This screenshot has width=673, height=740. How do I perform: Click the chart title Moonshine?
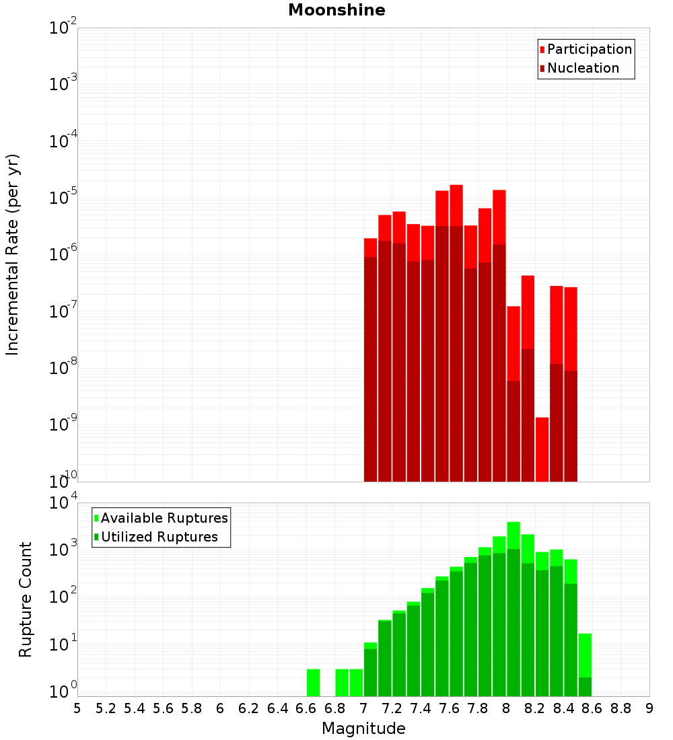point(336,10)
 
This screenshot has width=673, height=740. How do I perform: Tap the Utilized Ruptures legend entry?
point(159,537)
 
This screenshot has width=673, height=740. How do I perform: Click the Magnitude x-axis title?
point(363,729)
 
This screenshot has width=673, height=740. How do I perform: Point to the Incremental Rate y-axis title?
point(13,254)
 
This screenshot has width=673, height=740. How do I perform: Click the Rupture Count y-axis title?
point(26,599)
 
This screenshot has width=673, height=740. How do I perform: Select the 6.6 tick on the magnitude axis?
point(306,708)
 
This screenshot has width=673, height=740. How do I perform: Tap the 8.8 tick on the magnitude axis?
point(621,708)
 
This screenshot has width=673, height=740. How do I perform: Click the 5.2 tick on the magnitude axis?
point(106,708)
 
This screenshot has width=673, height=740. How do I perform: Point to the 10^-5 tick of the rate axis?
point(63,198)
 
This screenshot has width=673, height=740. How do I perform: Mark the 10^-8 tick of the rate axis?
point(63,368)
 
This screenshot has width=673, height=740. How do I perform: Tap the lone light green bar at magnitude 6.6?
point(313,682)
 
